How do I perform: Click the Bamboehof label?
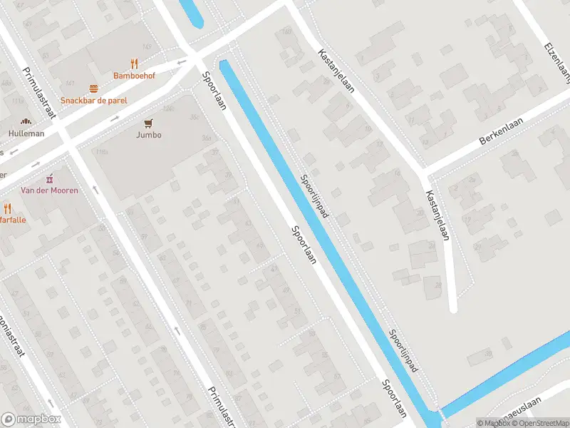tap(135, 75)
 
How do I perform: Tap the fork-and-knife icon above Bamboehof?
tap(135, 63)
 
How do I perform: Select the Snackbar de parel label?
tap(93, 101)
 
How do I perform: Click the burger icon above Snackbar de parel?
tap(93, 88)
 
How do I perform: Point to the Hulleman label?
tap(26, 133)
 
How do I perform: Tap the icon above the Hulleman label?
tap(26, 122)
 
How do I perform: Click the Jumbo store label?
tap(150, 135)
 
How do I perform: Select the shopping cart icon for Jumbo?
tap(150, 123)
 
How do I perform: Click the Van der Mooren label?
tap(49, 190)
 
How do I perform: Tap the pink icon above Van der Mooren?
tap(49, 178)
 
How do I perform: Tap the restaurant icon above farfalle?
tap(8, 208)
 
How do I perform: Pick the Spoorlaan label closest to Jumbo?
tap(214, 91)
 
